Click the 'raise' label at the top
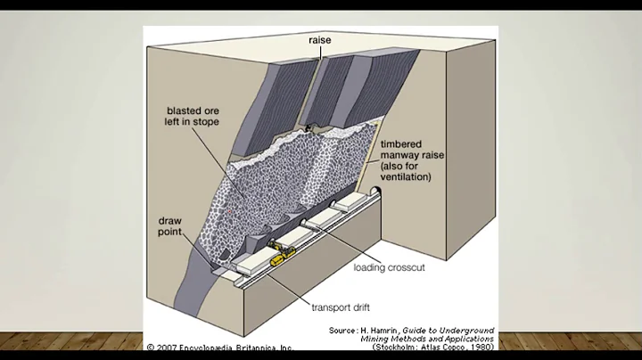(x=320, y=40)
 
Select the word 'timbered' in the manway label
(x=407, y=143)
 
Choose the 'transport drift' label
(x=342, y=308)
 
